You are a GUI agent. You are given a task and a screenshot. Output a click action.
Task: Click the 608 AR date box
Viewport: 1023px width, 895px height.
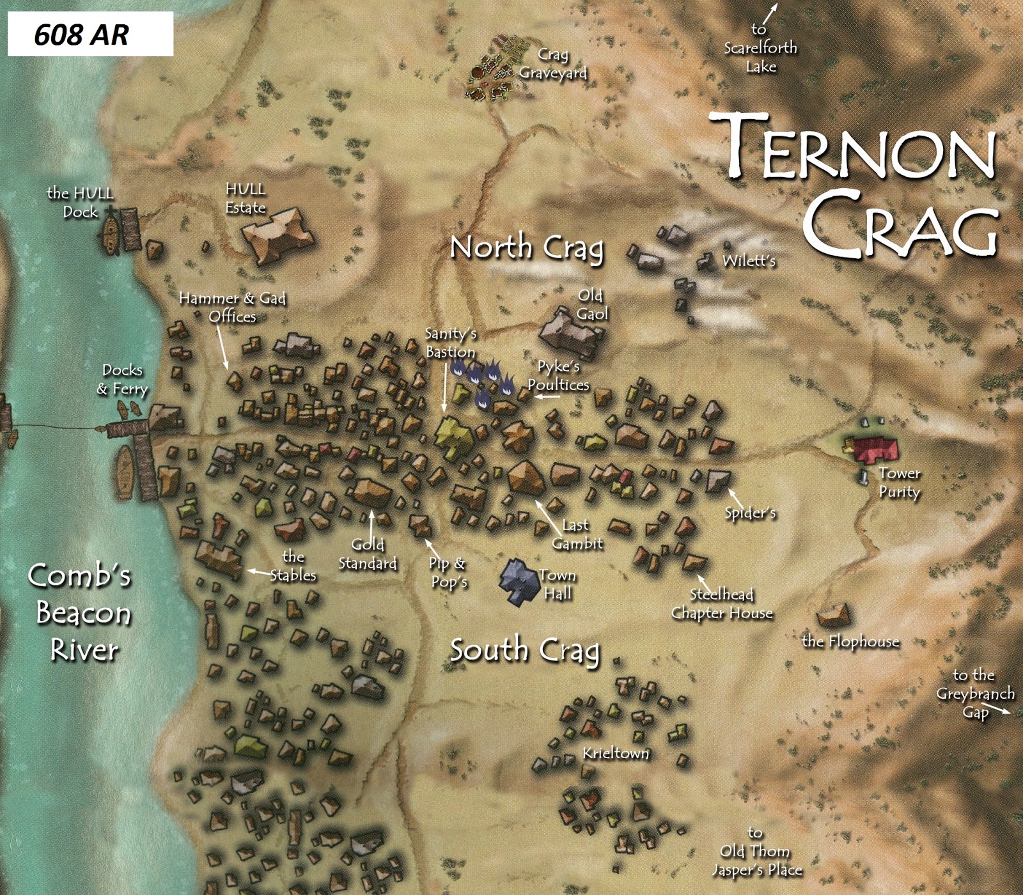point(90,35)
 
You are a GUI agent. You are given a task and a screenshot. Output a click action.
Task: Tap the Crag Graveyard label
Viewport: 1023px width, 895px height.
point(552,64)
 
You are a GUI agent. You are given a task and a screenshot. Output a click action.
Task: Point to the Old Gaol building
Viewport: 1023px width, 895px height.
point(569,334)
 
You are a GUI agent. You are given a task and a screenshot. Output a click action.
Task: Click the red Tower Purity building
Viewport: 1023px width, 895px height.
point(875,449)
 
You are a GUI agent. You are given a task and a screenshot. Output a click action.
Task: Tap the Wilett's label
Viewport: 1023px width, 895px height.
point(749,261)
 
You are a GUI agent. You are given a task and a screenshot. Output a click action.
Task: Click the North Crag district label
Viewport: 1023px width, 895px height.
point(526,248)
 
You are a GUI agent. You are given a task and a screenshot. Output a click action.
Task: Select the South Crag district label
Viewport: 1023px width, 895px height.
point(525,651)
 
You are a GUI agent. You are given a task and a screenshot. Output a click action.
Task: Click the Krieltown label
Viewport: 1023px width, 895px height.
point(615,754)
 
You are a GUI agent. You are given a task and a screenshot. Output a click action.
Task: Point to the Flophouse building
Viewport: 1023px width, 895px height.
point(834,615)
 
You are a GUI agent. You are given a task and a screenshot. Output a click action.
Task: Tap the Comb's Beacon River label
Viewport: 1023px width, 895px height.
point(81,612)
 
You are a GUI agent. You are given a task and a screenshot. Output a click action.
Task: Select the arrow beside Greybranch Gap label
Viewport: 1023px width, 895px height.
point(1001,711)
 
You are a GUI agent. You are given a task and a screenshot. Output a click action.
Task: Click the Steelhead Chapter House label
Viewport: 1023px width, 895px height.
point(722,604)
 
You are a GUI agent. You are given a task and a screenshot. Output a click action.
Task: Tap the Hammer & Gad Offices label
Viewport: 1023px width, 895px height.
point(232,307)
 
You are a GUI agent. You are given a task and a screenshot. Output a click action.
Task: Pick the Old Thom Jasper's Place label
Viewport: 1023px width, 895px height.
point(757,852)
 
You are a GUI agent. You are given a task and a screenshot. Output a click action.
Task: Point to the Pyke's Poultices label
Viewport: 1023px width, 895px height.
point(558,375)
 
